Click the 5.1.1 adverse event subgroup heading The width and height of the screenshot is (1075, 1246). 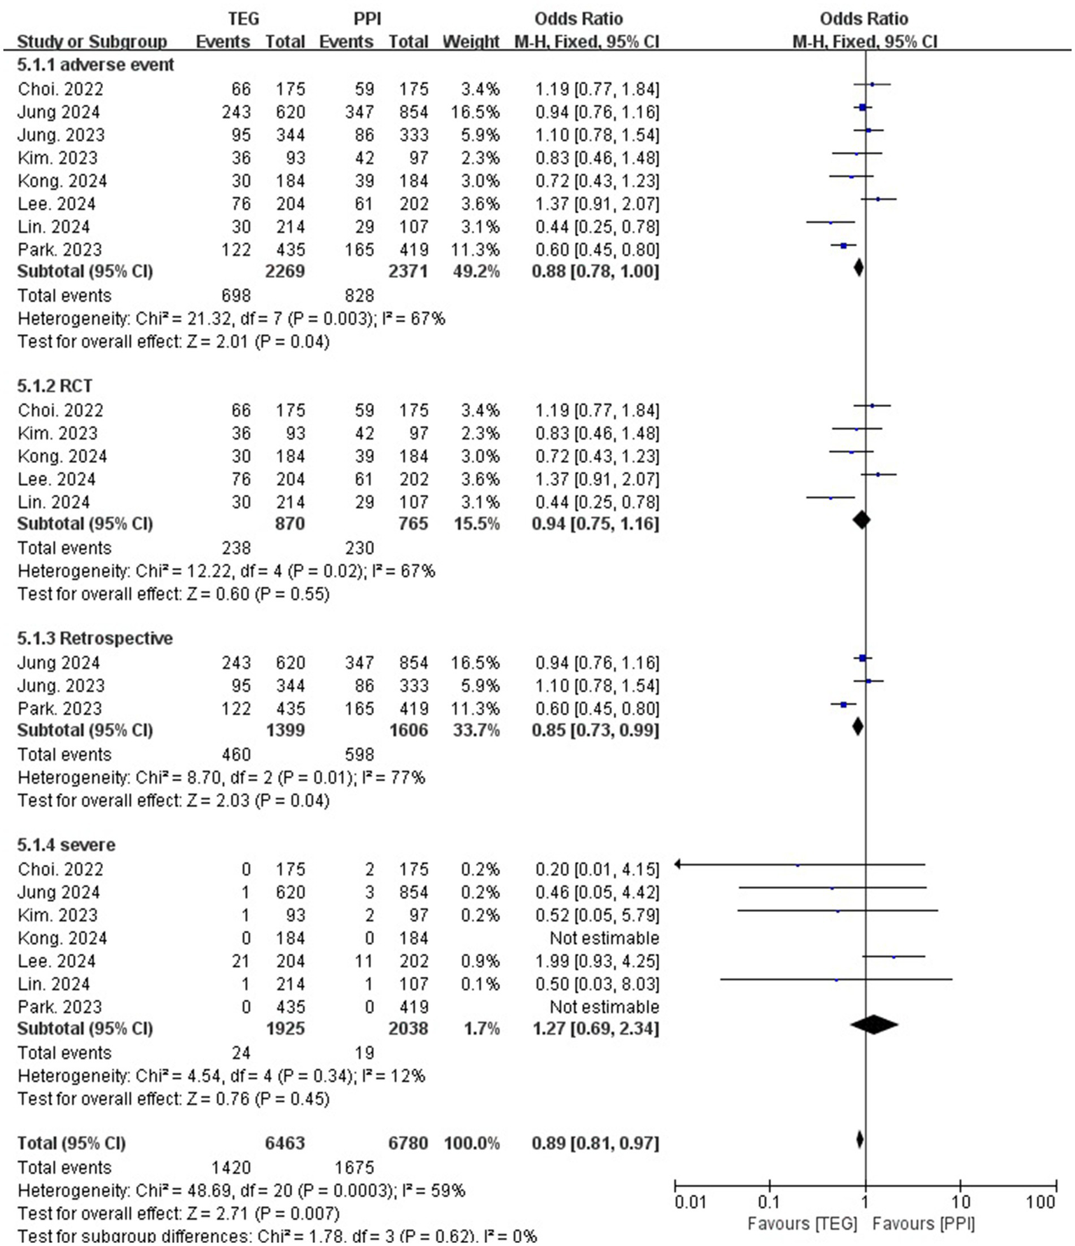96,65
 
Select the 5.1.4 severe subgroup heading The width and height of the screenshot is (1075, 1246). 67,845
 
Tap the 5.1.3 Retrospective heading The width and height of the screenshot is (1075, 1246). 95,638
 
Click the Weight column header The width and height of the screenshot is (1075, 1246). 471,42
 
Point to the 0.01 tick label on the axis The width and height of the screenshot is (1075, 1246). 690,1203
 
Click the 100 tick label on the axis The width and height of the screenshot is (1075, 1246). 1041,1203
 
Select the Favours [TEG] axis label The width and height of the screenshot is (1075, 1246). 802,1224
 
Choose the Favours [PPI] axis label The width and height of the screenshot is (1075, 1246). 924,1224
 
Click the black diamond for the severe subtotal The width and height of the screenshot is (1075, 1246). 874,1025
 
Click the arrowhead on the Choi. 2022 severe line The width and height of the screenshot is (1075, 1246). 678,864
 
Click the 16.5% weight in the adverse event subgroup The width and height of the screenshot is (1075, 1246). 480,112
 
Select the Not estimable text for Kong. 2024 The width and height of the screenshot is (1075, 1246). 604,938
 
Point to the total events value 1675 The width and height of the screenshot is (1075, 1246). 354,1168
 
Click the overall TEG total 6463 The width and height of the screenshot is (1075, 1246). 285,1143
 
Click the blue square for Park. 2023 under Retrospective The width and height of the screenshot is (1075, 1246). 843,705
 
